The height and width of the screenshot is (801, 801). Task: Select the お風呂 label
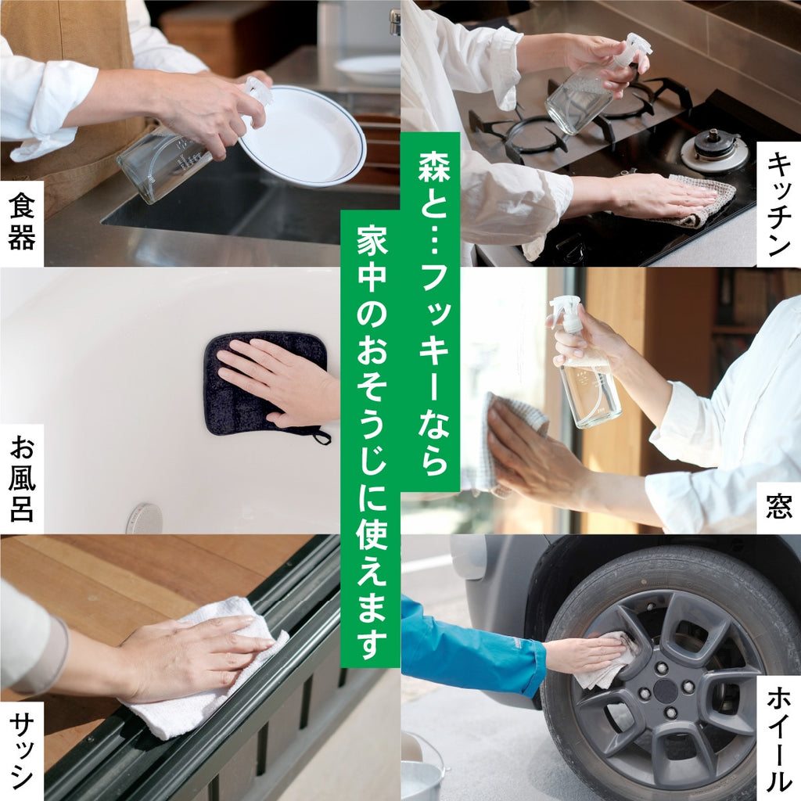pos(22,479)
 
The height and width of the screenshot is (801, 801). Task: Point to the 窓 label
pos(778,508)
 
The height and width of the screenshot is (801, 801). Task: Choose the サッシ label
pos(22,751)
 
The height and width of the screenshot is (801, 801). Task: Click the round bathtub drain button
pos(145,519)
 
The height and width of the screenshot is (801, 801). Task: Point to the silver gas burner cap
pos(713,149)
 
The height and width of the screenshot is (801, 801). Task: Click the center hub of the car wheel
pos(666,690)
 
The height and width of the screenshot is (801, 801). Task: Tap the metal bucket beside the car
pos(422,770)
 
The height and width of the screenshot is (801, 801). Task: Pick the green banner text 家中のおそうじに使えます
pos(370,438)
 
